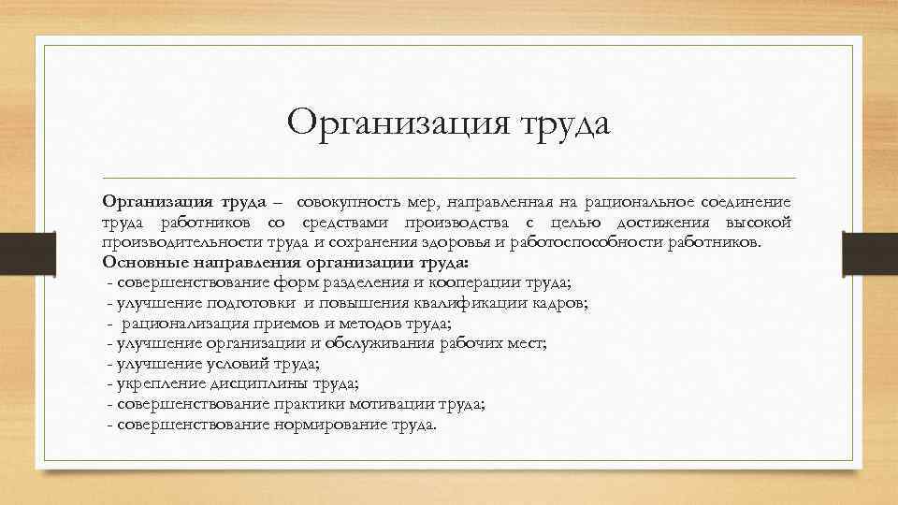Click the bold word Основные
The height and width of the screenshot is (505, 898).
(x=146, y=261)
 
